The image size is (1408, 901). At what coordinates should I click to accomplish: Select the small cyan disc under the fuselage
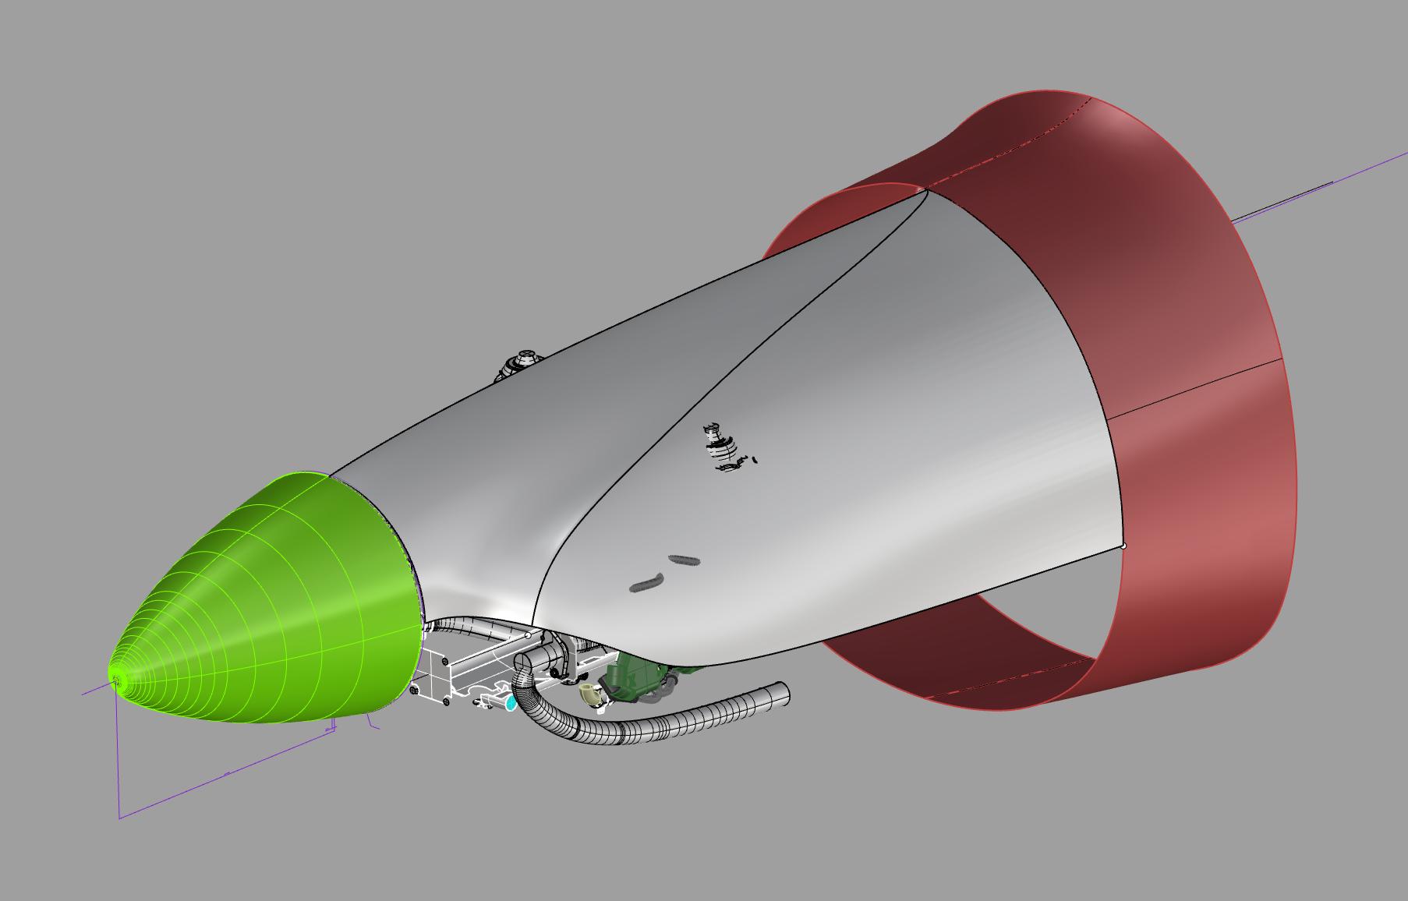click(511, 703)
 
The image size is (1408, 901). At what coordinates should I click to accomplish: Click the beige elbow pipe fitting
click(591, 694)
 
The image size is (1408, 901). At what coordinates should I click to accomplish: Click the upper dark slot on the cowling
click(685, 560)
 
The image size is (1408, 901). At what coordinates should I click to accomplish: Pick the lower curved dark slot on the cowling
click(646, 584)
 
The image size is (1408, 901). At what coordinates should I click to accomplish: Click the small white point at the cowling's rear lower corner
click(1123, 546)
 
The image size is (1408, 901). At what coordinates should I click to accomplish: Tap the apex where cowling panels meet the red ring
click(923, 189)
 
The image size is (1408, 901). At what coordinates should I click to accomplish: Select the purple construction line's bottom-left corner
click(119, 818)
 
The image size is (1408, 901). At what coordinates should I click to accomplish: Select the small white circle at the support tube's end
click(528, 635)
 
